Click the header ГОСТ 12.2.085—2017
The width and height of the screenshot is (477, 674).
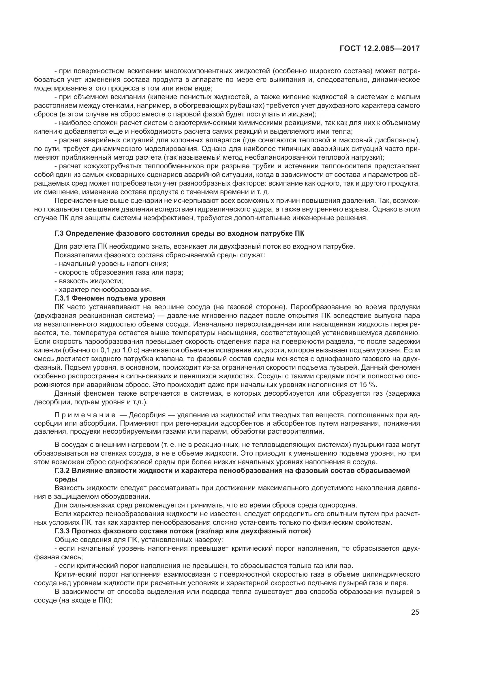pyautogui.click(x=380, y=48)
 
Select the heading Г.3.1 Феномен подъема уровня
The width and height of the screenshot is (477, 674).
pyautogui.click(x=110, y=298)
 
